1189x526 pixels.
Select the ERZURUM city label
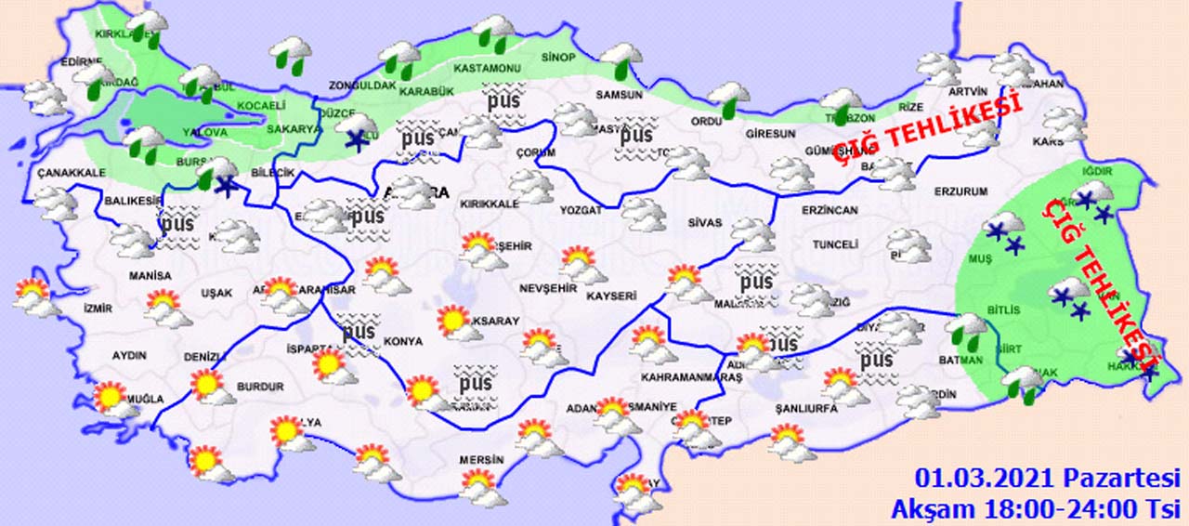click(x=961, y=191)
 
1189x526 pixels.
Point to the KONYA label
click(x=403, y=341)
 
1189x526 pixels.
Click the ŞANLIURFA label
click(x=806, y=408)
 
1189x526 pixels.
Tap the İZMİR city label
click(x=98, y=309)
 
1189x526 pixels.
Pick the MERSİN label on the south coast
click(x=481, y=460)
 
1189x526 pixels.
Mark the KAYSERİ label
click(x=611, y=296)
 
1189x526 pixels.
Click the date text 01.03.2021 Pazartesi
click(x=1047, y=480)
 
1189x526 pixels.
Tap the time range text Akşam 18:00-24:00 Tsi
click(x=1035, y=508)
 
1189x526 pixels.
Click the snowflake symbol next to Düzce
click(x=354, y=140)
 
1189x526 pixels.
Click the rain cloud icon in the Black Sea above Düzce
click(x=291, y=54)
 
